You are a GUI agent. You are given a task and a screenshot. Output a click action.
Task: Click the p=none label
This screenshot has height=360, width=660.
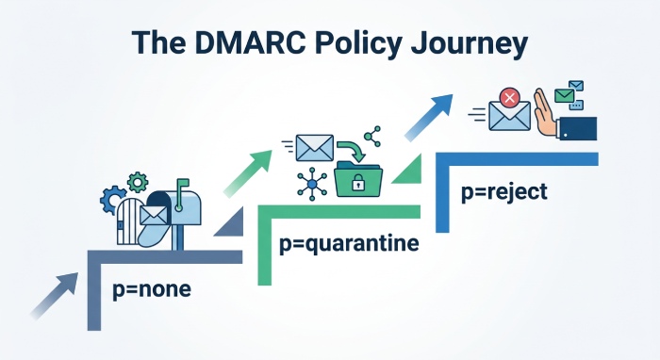pyautogui.click(x=151, y=288)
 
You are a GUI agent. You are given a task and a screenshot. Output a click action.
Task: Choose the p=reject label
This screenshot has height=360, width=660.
pyautogui.click(x=503, y=193)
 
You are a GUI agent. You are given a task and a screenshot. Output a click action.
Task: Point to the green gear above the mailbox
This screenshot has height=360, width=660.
pyautogui.click(x=138, y=181)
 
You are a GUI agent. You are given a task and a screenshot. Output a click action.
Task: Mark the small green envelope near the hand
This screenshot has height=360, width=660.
pyautogui.click(x=564, y=94)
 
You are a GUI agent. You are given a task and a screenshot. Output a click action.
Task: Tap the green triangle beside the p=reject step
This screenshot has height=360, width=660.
pyautogui.click(x=409, y=171)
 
